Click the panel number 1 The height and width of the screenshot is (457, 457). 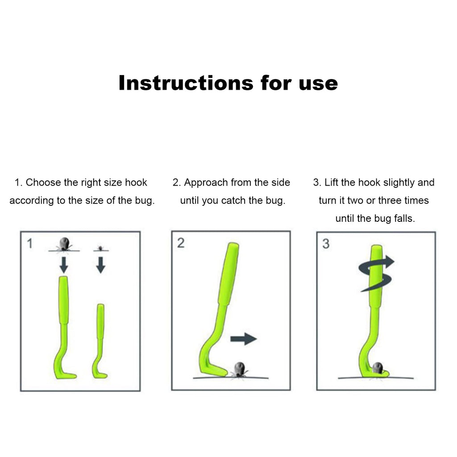29,244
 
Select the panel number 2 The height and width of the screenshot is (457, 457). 181,243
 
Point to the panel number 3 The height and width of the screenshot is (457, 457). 326,244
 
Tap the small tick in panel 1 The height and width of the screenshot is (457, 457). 101,247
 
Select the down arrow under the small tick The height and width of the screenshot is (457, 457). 101,265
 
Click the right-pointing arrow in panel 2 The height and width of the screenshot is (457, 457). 243,339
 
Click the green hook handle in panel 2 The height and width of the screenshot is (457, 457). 228,277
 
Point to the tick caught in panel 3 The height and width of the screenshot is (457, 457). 378,368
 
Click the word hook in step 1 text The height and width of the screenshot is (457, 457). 136,183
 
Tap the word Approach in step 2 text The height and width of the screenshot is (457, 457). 206,183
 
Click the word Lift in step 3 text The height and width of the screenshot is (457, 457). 332,183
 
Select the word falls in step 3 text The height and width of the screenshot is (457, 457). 403,218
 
